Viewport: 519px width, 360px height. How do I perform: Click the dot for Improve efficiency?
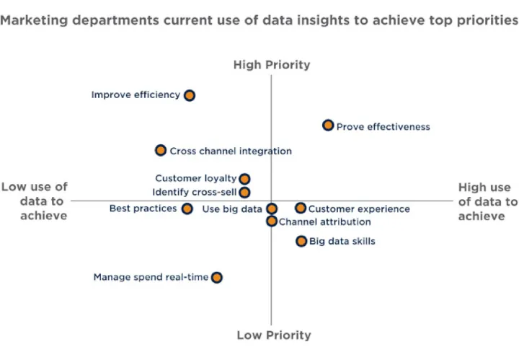pos(190,95)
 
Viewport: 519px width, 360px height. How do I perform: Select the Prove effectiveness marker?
pos(328,126)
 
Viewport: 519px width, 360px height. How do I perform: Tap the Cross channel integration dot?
pos(161,150)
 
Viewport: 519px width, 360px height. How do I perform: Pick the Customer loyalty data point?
pos(244,179)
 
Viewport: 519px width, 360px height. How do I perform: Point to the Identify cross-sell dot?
pos(244,193)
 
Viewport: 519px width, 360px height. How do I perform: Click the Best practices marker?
pos(187,208)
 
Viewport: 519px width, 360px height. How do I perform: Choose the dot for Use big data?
pos(272,208)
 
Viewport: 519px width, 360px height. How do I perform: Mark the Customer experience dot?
pos(301,208)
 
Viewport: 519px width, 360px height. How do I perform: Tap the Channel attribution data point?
pos(272,221)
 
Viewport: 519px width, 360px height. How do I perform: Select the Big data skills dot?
pos(301,241)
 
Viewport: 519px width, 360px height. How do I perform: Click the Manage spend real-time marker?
pos(217,277)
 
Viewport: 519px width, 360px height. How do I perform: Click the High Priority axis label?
pos(272,65)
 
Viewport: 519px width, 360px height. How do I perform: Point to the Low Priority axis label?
pos(274,335)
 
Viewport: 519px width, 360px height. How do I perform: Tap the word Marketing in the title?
pos(34,20)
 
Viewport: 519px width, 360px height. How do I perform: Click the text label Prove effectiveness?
pos(383,127)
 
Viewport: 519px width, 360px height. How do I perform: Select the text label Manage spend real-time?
pos(151,277)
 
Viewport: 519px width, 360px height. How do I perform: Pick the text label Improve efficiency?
pos(136,95)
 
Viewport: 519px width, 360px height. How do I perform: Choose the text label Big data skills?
pos(342,241)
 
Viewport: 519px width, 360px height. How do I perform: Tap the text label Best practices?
pos(143,208)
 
